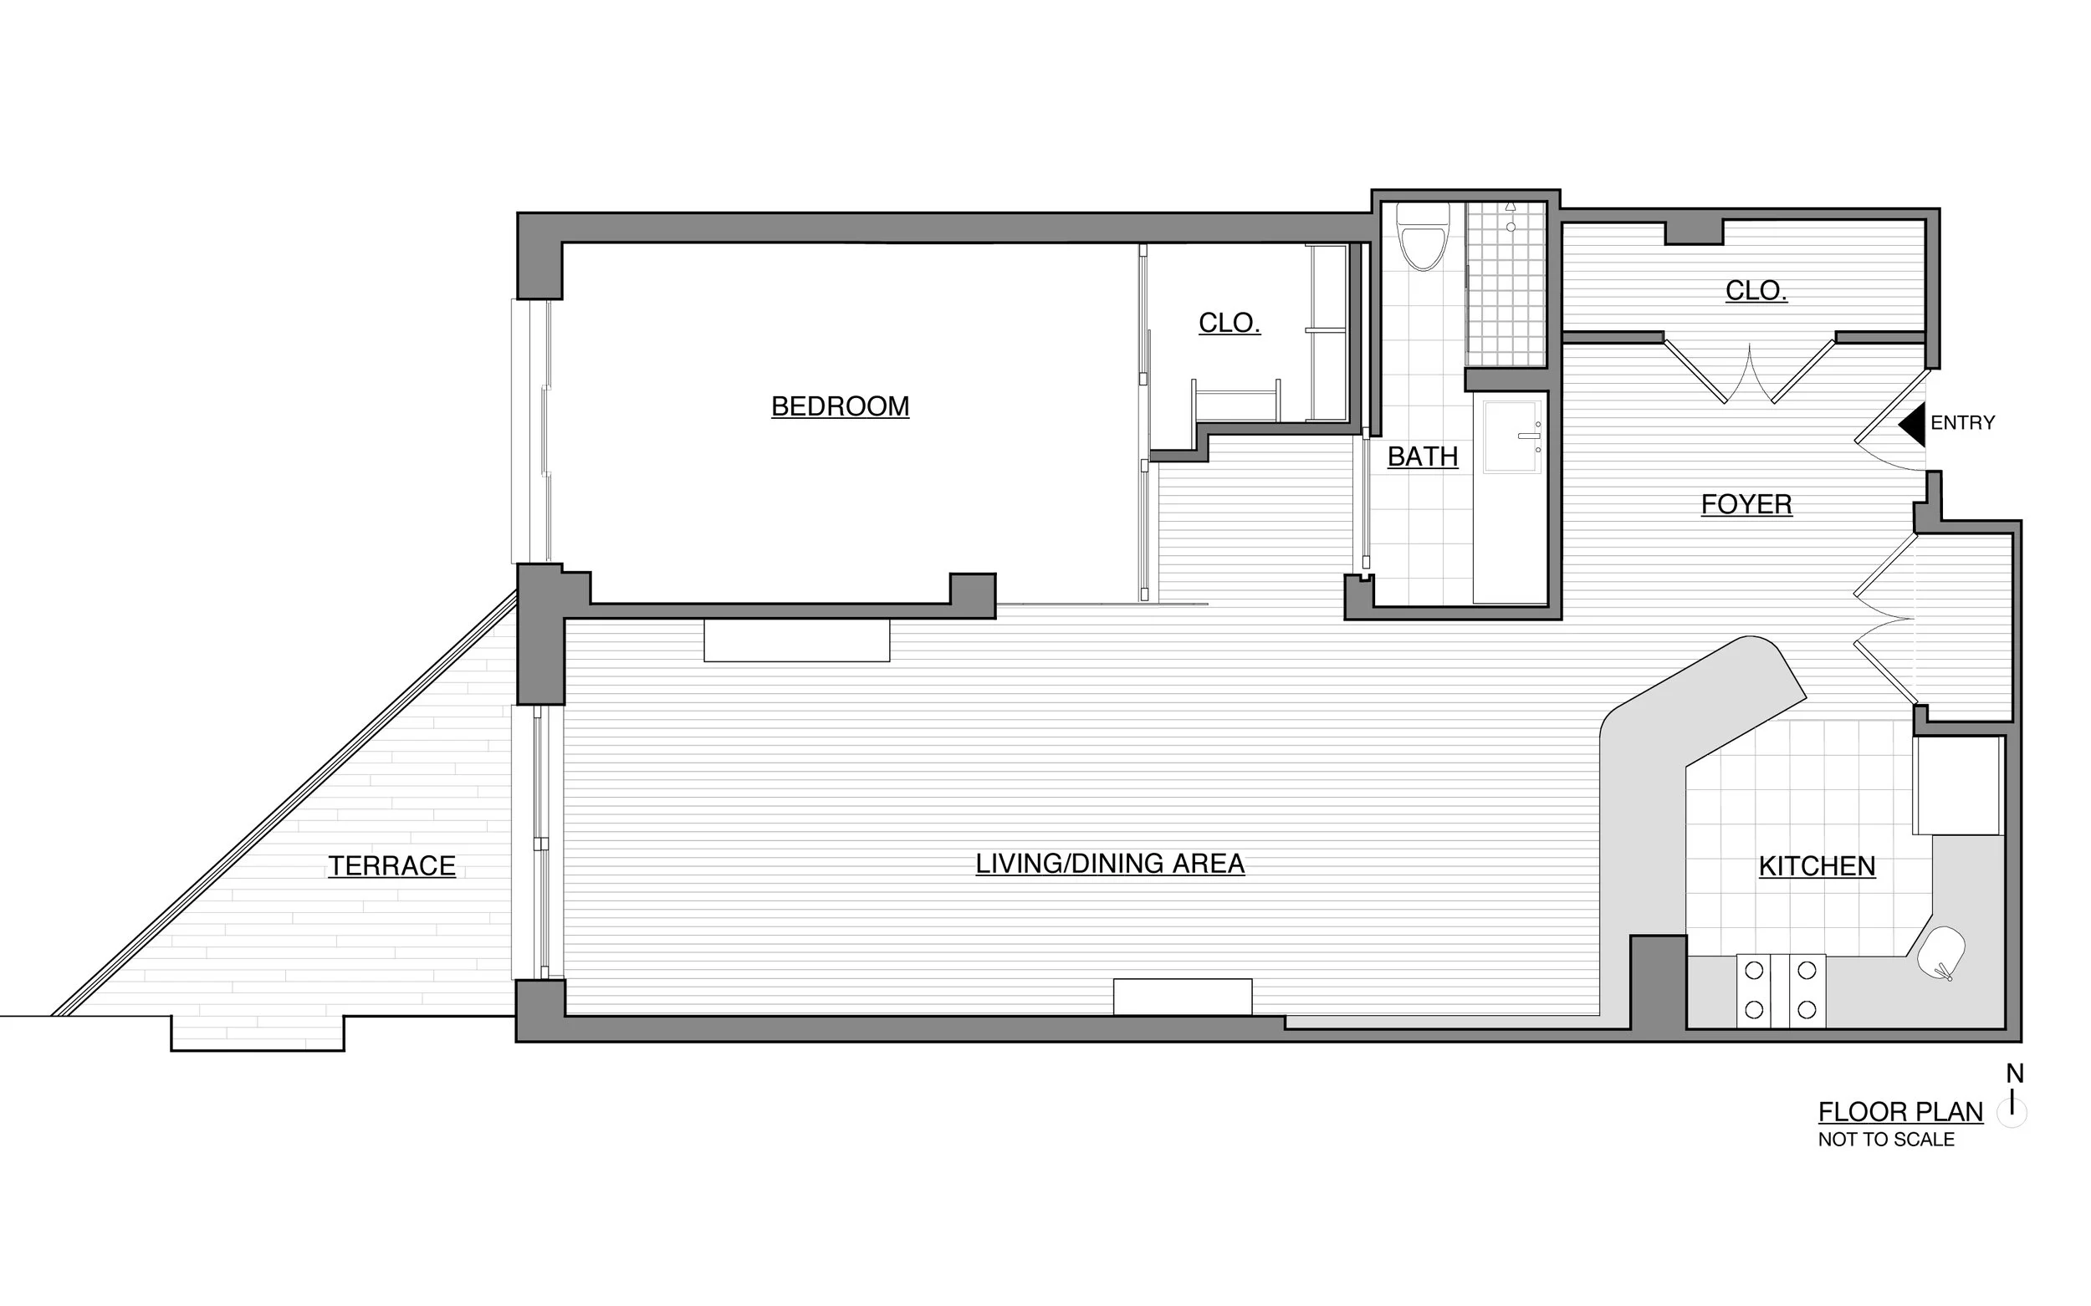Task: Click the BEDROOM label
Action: point(840,406)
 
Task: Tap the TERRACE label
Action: point(391,865)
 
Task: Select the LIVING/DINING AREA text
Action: point(1109,863)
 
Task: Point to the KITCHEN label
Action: point(1816,865)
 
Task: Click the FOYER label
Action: point(1746,503)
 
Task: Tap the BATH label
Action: point(1422,456)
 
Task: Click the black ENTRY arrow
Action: point(1913,425)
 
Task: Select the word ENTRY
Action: point(1962,423)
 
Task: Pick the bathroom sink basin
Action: point(1511,437)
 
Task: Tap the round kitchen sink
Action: point(1940,952)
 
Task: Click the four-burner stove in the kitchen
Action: point(1780,990)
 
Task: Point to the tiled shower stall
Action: point(1506,285)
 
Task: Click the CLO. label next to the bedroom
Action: point(1229,323)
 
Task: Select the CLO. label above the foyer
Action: point(1756,290)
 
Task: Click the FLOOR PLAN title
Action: point(1900,1112)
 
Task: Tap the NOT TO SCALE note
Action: point(1885,1140)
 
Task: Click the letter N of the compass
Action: point(2014,1074)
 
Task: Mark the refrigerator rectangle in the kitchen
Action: point(1957,785)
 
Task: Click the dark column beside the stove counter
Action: point(1658,982)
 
